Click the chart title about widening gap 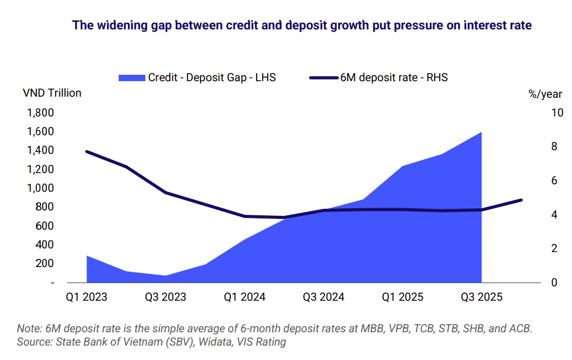pyautogui.click(x=302, y=25)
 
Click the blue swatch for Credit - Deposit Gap pyautogui.click(x=132, y=77)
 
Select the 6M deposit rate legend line pyautogui.click(x=324, y=77)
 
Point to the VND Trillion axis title pyautogui.click(x=52, y=93)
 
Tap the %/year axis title pyautogui.click(x=545, y=94)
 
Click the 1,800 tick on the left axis pyautogui.click(x=39, y=113)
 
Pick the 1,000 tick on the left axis pyautogui.click(x=39, y=188)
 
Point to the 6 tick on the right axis pyautogui.click(x=539, y=181)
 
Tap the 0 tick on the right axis pyautogui.click(x=539, y=282)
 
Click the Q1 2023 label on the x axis pyautogui.click(x=87, y=297)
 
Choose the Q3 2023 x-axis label pyautogui.click(x=166, y=297)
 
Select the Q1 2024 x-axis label pyautogui.click(x=245, y=297)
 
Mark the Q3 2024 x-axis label pyautogui.click(x=324, y=297)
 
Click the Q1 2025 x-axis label pyautogui.click(x=403, y=297)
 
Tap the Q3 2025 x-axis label pyautogui.click(x=482, y=297)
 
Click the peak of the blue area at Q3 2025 pyautogui.click(x=482, y=132)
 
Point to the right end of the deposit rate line pyautogui.click(x=521, y=200)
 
